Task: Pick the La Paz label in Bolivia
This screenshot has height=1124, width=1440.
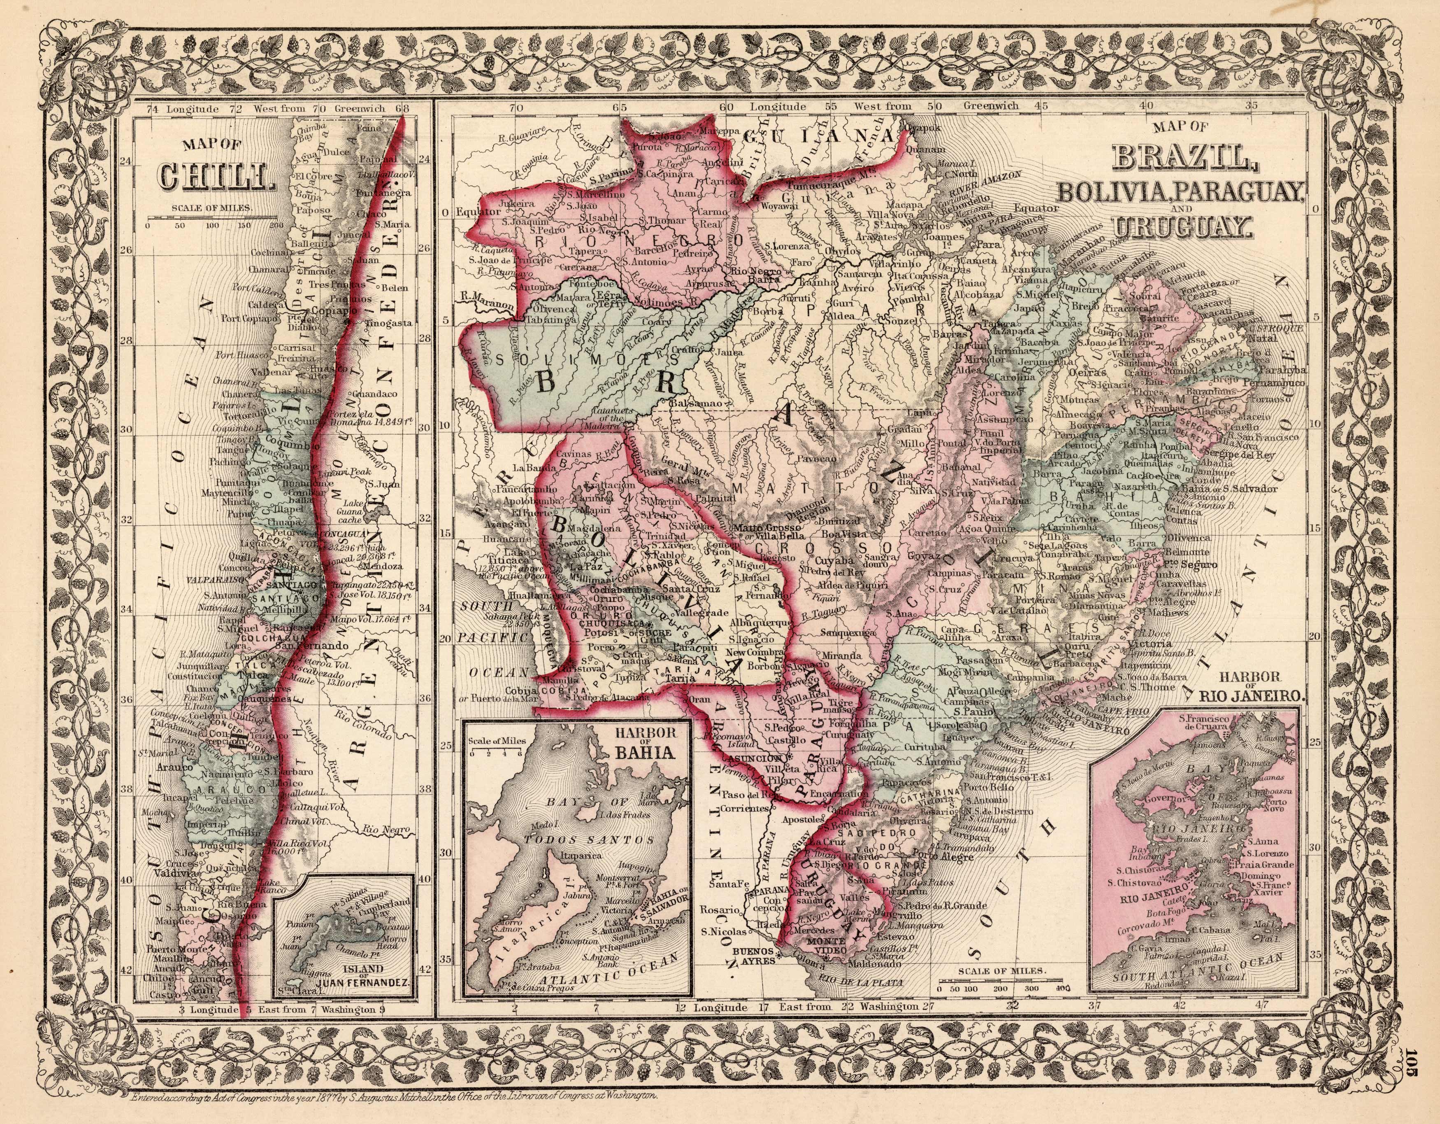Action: tap(585, 567)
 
